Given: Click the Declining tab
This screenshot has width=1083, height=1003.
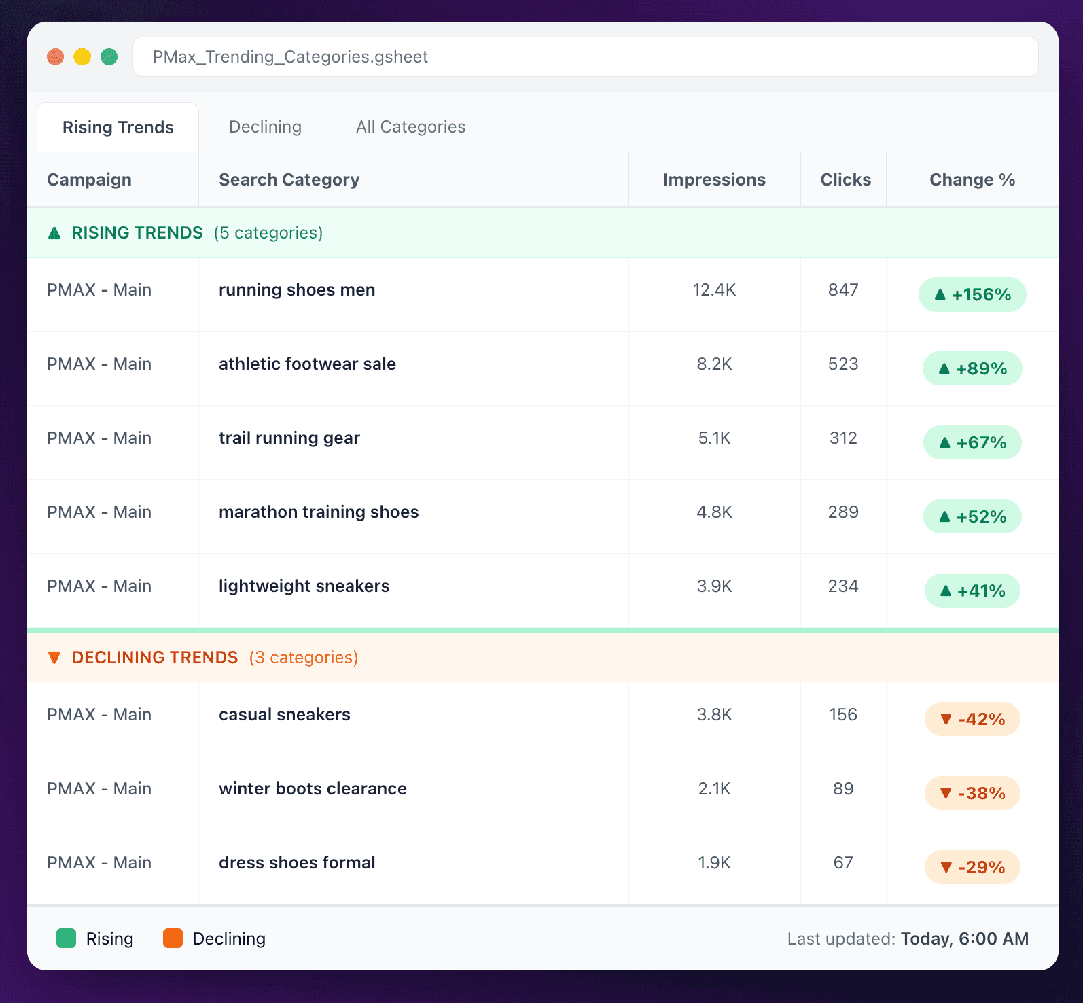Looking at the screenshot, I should pos(265,127).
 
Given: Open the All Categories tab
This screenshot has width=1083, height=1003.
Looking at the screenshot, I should pos(410,127).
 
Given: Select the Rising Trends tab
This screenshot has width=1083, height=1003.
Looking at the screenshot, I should pos(118,128).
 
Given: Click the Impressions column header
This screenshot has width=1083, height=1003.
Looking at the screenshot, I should pos(714,180).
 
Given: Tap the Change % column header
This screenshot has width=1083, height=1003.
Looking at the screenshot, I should pos(972,180).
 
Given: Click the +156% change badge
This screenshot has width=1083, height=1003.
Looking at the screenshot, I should pos(972,295).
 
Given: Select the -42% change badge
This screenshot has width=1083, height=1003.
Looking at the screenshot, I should pos(972,720).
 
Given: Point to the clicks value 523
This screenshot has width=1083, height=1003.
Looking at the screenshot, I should pos(843,364).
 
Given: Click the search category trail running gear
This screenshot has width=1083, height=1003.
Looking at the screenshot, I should pos(289,438).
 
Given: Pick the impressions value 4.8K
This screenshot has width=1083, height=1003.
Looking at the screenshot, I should pos(714,512).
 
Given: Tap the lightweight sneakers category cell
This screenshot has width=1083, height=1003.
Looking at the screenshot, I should pos(304,586).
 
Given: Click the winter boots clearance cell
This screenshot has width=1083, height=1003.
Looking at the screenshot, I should pos(313,789).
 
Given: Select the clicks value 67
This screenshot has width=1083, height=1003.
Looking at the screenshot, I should pos(843,863).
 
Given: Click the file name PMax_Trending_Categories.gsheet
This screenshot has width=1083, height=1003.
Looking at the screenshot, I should pos(290,57).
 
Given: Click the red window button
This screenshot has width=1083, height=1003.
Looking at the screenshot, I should pos(56,57).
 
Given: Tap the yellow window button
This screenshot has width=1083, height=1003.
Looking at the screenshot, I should pos(82,57).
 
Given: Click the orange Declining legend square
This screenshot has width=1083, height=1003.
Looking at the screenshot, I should pos(173,938).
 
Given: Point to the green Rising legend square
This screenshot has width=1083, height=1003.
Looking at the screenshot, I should pos(66,938).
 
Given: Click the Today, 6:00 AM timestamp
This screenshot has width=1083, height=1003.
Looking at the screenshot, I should pos(964,939).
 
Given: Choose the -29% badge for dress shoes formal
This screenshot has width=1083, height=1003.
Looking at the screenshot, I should pos(972,868).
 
